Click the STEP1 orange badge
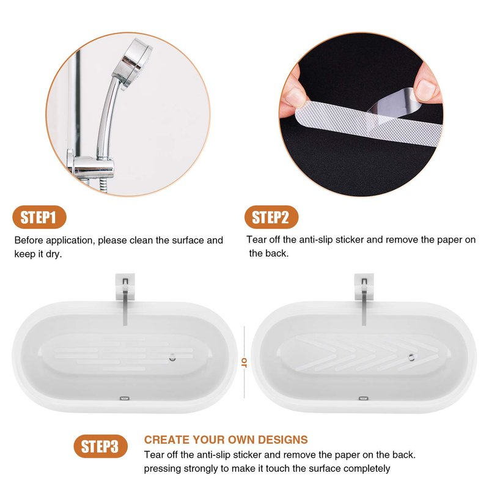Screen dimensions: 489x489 tap(39, 217)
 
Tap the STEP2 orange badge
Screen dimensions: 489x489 tap(271, 217)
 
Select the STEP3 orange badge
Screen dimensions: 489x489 tap(101, 446)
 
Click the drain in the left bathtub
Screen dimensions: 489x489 tap(172, 358)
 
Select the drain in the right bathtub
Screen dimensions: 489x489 tap(411, 357)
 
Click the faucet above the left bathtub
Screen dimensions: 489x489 tap(125, 300)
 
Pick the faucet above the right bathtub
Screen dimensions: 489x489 tap(364, 300)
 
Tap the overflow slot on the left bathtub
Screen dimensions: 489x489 tap(125, 399)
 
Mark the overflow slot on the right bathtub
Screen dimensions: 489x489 tap(363, 399)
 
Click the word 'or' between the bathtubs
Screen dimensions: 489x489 tap(244, 362)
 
